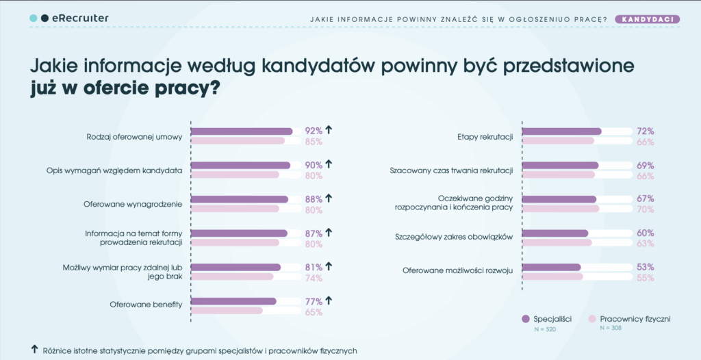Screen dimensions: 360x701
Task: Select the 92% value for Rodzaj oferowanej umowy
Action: pos(314,131)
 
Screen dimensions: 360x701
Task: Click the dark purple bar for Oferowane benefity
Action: pos(233,301)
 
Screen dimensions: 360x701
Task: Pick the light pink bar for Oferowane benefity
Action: pos(227,311)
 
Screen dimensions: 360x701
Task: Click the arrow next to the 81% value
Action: pos(329,266)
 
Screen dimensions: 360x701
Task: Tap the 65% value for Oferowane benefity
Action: pos(314,312)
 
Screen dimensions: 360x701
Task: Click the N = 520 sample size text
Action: pos(545,329)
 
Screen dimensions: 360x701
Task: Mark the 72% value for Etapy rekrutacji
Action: pos(645,131)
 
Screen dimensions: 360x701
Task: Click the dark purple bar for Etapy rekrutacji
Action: pos(562,131)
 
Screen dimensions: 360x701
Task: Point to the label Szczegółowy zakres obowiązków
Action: pos(454,237)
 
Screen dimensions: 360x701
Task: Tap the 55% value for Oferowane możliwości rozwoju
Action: pos(645,278)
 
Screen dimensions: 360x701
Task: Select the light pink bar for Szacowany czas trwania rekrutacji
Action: pos(559,175)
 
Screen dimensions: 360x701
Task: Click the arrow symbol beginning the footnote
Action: pos(35,349)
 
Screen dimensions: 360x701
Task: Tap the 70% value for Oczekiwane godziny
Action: pos(645,209)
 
